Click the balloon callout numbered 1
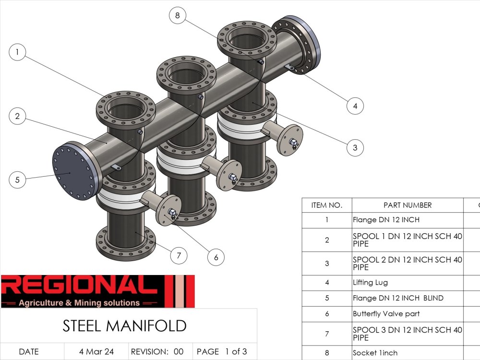(17, 52)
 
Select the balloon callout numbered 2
(17, 116)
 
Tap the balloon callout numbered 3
(355, 147)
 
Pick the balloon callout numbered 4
(355, 106)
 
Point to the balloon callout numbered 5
(17, 180)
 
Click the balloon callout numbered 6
(216, 257)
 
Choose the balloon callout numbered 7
(179, 255)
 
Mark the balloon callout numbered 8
(177, 15)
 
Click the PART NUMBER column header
(408, 205)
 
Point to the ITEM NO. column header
(327, 205)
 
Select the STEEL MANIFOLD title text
(124, 326)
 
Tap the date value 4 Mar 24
(96, 351)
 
